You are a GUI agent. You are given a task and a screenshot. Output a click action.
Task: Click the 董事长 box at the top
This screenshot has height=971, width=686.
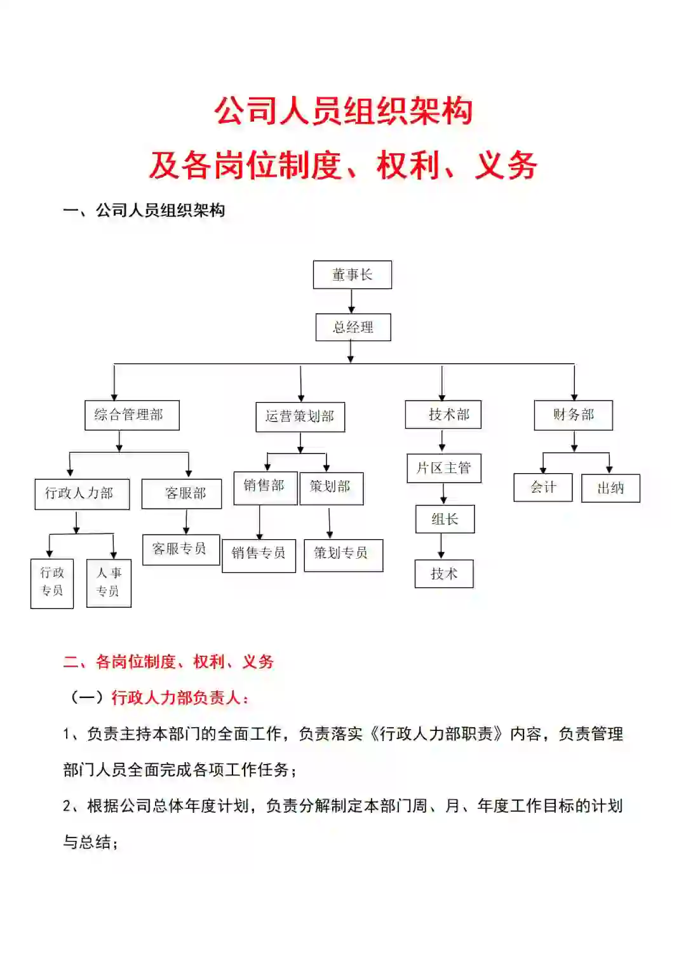click(x=353, y=275)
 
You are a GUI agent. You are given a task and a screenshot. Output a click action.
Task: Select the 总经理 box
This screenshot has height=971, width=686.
click(x=353, y=328)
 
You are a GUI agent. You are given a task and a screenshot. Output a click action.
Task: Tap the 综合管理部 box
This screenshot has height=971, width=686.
click(x=132, y=415)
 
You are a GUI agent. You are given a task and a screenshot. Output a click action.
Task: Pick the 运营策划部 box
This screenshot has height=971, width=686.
click(x=300, y=417)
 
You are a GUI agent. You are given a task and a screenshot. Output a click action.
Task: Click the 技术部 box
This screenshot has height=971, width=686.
click(x=443, y=415)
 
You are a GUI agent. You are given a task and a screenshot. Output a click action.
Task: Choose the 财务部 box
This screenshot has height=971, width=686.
click(x=574, y=415)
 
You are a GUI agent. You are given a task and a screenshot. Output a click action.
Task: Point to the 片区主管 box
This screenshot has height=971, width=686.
click(x=444, y=469)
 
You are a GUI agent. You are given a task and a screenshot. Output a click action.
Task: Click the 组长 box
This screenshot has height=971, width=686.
click(x=445, y=519)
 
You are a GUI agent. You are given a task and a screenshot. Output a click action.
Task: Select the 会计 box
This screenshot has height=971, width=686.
click(x=543, y=488)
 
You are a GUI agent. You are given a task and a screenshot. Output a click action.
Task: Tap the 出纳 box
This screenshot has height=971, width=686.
click(x=610, y=488)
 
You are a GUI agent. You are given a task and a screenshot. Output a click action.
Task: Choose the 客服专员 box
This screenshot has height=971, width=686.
click(x=181, y=549)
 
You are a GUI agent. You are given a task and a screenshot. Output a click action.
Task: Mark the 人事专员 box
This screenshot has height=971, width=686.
click(x=109, y=583)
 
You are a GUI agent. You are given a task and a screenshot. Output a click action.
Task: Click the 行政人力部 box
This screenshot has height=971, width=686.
click(x=82, y=494)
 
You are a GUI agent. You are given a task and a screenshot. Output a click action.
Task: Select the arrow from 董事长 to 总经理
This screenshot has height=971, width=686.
click(x=352, y=301)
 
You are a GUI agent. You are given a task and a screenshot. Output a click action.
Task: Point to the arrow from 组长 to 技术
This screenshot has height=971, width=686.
click(x=441, y=546)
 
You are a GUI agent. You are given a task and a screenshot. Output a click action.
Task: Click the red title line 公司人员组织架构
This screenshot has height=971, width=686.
click(x=343, y=112)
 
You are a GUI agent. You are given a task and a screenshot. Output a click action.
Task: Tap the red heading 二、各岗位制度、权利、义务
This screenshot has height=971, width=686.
click(x=168, y=662)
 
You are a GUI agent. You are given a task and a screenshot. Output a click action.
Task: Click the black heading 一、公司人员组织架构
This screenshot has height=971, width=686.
click(x=144, y=210)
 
